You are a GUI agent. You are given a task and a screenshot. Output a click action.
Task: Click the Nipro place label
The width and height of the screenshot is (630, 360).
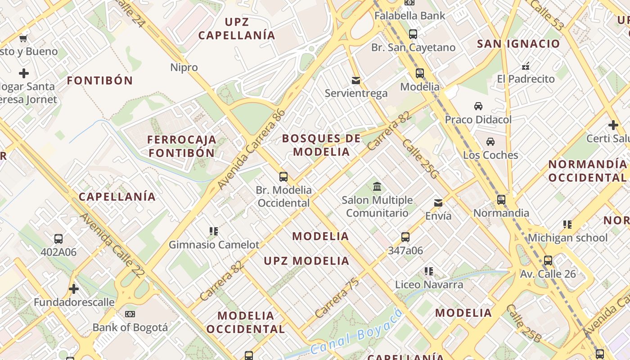coord(184,67)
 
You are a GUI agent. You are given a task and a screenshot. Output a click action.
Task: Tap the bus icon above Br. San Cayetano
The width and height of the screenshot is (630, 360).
coord(413,34)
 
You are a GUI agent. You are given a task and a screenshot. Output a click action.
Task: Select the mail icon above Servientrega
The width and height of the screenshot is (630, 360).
coord(356,81)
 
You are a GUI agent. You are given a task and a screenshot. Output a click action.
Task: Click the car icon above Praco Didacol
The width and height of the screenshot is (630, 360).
coord(478,106)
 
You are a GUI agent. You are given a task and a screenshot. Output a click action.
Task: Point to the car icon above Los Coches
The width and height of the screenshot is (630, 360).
coord(490,141)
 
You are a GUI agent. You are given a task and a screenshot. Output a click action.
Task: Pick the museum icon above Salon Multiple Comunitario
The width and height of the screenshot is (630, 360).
coord(377,186)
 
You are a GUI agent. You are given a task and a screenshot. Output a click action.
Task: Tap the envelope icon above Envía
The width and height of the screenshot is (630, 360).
coord(438,202)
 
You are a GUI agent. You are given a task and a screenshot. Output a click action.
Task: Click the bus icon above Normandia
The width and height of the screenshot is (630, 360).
coord(501,199)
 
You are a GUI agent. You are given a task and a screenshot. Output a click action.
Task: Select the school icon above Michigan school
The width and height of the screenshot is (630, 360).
coord(567,224)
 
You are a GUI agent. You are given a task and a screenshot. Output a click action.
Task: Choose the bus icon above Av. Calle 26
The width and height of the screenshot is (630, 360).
coord(548,260)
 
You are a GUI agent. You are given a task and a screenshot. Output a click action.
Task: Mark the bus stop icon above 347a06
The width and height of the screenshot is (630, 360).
coord(405,237)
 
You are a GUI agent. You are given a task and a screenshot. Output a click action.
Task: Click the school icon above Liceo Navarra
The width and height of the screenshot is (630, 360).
coord(429,271)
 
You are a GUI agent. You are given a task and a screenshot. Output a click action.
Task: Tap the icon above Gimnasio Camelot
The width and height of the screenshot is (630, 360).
coord(214,231)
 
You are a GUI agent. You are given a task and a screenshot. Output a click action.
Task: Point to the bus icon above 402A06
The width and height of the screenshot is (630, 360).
coord(58,238)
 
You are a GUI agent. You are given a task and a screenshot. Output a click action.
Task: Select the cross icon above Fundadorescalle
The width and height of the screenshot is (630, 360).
coord(74,288)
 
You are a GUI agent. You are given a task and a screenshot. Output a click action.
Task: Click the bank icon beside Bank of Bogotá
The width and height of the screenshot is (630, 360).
coord(130,314)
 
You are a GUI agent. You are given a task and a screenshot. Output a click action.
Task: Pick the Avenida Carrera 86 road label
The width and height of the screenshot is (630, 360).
coord(251,149)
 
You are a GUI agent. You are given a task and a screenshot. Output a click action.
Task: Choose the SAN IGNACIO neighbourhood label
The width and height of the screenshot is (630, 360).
coord(518,44)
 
